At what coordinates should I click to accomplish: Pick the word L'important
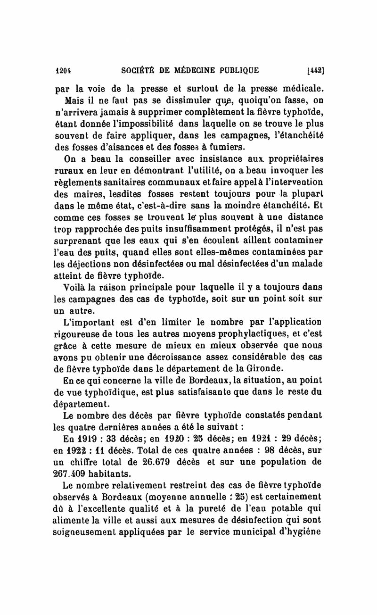click(89, 323)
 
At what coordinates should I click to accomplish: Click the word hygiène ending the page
click(305, 531)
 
